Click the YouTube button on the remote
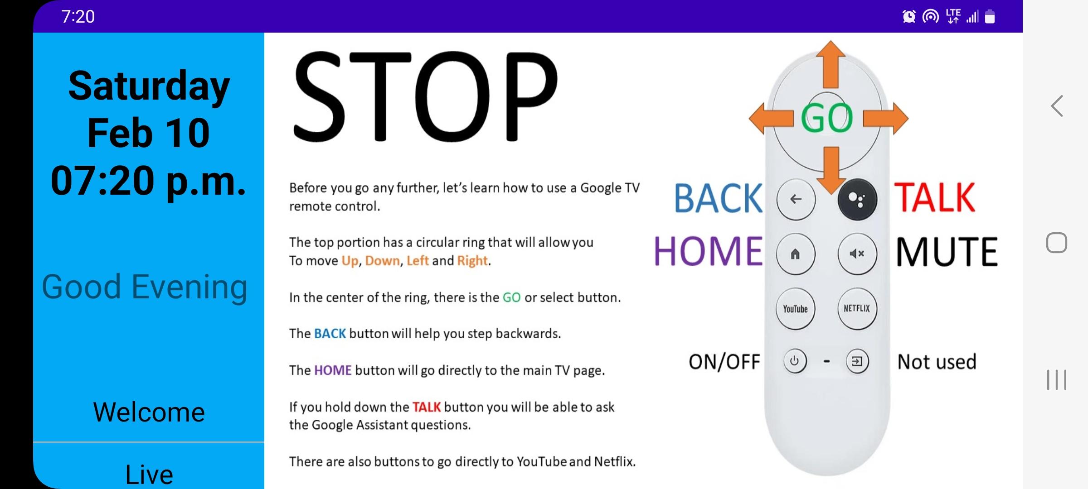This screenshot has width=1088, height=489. [795, 309]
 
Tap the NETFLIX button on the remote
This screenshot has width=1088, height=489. [857, 309]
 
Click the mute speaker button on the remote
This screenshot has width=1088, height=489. [857, 254]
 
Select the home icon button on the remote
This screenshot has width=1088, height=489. [796, 254]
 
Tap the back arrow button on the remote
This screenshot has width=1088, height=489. [796, 199]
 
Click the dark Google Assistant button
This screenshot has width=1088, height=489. [857, 199]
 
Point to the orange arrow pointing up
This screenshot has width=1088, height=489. [831, 64]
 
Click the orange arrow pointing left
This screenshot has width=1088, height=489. [771, 118]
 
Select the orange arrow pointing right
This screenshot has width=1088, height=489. [886, 118]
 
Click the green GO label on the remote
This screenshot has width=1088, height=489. [827, 118]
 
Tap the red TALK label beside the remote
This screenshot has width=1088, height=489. [934, 197]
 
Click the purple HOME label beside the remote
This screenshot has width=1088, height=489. [708, 251]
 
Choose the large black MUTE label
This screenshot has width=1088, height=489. [947, 252]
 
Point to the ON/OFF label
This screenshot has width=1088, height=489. [724, 362]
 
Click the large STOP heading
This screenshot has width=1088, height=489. [425, 96]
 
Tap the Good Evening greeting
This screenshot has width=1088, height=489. [145, 287]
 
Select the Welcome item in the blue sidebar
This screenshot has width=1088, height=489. [149, 412]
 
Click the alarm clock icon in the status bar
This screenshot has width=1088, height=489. [908, 17]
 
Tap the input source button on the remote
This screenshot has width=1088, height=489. [857, 362]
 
